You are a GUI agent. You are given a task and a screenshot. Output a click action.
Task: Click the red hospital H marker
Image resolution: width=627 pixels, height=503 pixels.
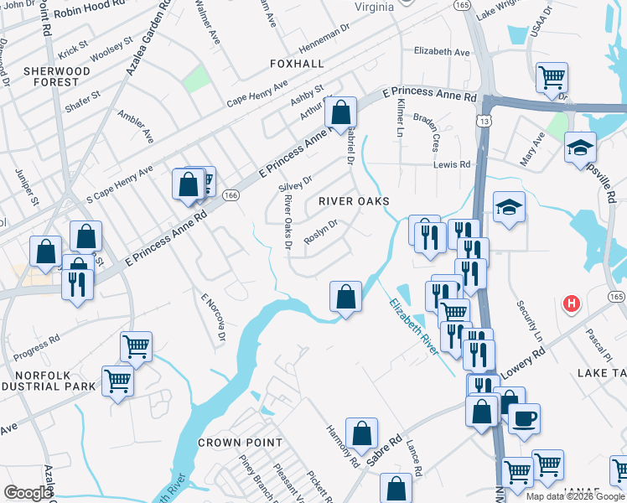573,303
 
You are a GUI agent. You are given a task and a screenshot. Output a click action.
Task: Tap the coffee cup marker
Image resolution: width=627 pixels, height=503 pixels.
525,417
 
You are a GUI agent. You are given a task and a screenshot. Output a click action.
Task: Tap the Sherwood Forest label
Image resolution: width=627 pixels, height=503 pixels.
57,76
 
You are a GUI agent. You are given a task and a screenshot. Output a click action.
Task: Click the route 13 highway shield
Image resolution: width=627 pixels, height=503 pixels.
485,122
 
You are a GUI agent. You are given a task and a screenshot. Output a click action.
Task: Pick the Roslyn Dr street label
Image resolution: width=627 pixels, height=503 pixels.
320,231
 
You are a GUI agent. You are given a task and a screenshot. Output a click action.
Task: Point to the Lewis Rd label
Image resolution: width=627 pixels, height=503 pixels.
453,165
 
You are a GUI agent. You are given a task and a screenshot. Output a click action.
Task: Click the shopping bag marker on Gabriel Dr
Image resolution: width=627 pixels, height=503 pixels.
341,111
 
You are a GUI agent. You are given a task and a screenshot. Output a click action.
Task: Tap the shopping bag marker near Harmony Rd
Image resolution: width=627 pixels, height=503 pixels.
361,433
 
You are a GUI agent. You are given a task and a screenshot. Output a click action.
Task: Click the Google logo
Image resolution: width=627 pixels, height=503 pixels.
28,492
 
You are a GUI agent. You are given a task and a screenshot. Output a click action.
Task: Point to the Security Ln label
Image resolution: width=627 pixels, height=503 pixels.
530,320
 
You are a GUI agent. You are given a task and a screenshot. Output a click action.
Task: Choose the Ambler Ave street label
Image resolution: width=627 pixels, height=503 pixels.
136,125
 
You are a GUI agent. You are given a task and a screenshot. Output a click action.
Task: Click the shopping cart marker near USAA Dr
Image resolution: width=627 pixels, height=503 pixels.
552,77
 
